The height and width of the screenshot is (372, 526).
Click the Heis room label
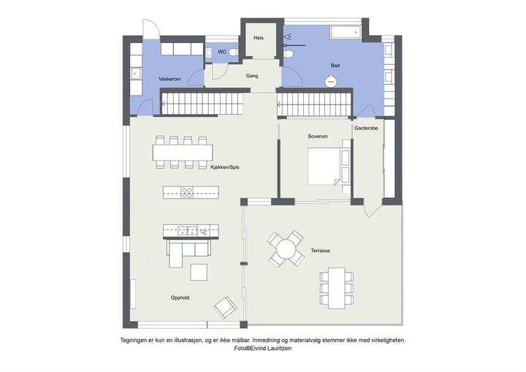point(259,38)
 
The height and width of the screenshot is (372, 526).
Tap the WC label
point(222,52)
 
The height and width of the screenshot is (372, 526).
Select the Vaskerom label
point(169,79)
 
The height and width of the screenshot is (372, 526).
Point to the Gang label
point(252,76)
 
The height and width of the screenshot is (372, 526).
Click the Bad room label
point(335,66)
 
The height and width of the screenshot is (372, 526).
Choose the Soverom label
point(318,137)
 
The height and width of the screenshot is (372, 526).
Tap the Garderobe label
point(366,128)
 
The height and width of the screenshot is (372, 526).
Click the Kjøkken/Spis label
point(225,167)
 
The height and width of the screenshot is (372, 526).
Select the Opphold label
point(180,297)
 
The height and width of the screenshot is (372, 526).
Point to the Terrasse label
point(321,251)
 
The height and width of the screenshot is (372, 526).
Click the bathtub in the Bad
point(346,33)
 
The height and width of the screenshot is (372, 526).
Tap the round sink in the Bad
point(331,82)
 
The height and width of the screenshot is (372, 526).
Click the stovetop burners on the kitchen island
point(187,192)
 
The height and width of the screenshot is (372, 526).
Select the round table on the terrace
point(286,248)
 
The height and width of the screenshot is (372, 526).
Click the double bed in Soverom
point(324,167)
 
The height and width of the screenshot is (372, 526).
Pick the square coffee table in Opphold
point(199,273)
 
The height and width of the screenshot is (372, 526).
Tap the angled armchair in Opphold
point(226,307)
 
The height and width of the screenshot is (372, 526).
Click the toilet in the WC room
point(234,52)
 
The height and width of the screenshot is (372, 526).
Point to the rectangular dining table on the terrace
point(337,288)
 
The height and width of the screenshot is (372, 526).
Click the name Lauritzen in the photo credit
point(280,349)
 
